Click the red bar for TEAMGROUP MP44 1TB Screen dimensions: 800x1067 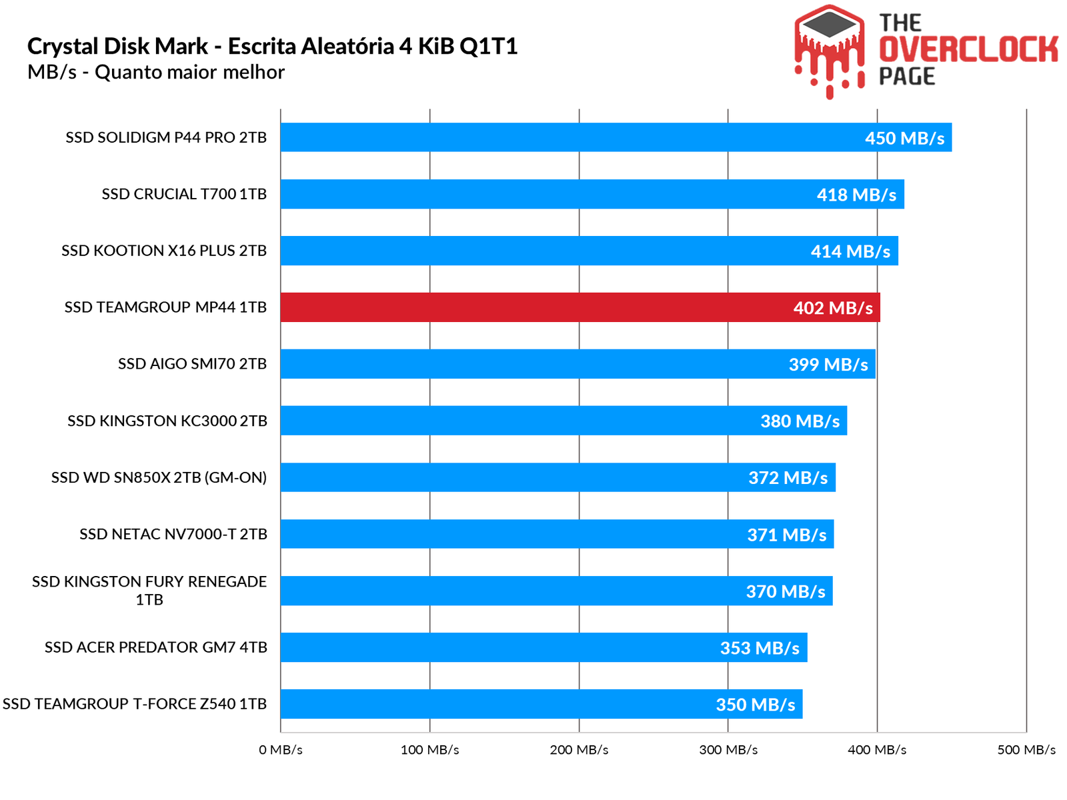point(533,307)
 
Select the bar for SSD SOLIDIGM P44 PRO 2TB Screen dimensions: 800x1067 point(567,137)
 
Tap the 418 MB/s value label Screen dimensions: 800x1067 point(856,195)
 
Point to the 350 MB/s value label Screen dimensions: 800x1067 point(756,705)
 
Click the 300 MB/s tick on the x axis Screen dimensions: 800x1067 point(728,750)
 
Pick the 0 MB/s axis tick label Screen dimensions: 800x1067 point(281,750)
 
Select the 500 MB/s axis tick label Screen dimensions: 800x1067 point(1026,750)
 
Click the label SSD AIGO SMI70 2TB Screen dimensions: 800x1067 point(192,364)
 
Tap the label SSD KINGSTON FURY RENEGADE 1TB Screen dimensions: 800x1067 point(149,591)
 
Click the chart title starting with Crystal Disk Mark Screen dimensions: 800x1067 point(272,47)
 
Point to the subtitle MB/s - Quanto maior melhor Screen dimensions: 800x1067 point(156,72)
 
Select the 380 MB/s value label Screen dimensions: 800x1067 point(800,421)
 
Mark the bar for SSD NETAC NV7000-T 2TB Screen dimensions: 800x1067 point(533,534)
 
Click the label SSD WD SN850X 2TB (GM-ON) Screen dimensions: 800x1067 point(159,477)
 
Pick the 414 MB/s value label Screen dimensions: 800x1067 point(850,251)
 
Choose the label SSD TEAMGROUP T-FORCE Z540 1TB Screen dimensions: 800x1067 point(135,704)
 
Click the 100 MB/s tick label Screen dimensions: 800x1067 point(429,750)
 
